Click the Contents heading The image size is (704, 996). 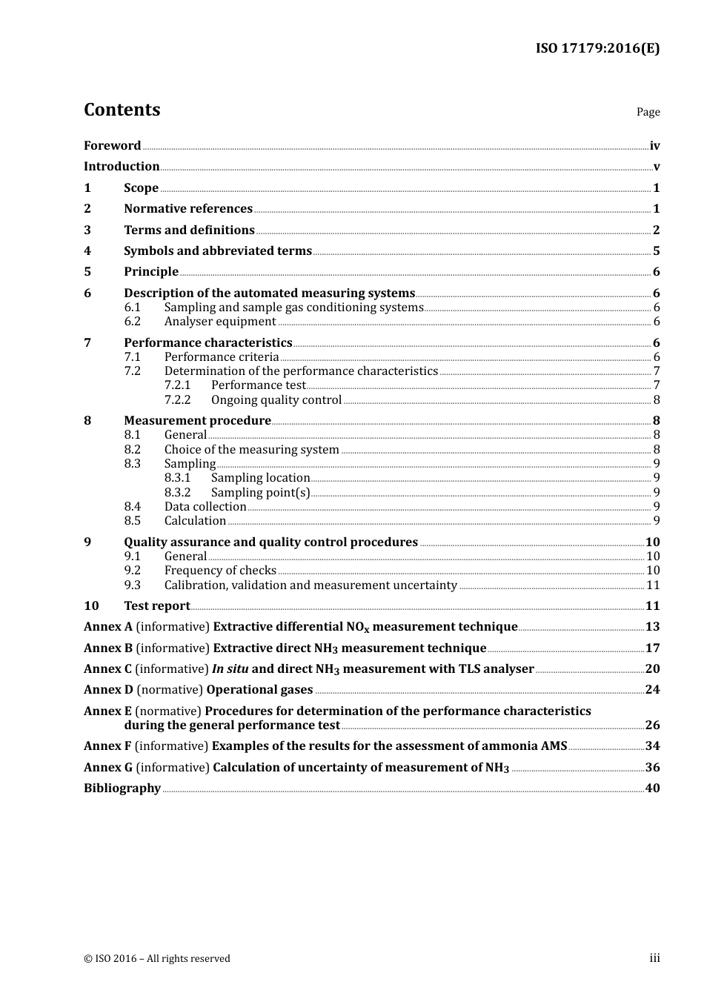[122, 110]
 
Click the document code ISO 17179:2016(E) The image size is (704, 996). [597, 49]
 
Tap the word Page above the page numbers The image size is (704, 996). [648, 112]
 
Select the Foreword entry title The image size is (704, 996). [112, 146]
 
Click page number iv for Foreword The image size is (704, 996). [654, 146]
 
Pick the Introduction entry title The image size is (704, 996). [122, 167]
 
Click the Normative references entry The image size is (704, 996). [188, 209]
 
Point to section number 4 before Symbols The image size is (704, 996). [87, 251]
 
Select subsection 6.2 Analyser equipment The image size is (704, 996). [220, 322]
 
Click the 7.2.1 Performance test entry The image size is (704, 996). [258, 385]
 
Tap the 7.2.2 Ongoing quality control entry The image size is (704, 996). [276, 400]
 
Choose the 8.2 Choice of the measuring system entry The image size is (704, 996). [251, 450]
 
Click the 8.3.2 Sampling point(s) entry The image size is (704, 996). [260, 493]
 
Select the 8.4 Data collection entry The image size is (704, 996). [205, 507]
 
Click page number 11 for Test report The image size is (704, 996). [652, 606]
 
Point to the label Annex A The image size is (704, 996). [108, 627]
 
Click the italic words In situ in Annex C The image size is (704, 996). [230, 669]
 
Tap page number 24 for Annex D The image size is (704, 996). [652, 690]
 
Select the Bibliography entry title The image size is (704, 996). [122, 788]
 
